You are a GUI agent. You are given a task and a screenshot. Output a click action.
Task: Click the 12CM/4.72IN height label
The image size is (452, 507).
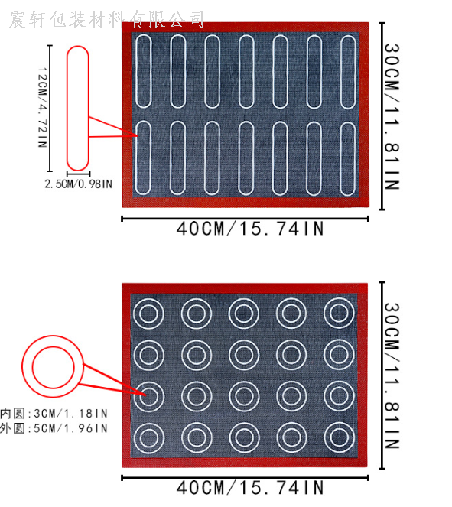(x=43, y=108)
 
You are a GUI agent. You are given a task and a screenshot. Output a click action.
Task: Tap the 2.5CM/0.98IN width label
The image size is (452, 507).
(x=79, y=184)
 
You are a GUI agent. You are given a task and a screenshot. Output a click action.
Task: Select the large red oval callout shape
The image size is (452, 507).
(x=67, y=109)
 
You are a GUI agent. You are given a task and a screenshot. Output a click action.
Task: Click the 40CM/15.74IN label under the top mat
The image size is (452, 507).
(x=250, y=229)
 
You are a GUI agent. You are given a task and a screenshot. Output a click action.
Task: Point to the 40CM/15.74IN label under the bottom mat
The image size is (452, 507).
(x=250, y=487)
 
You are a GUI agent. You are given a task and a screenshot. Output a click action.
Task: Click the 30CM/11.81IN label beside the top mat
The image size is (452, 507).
(x=392, y=116)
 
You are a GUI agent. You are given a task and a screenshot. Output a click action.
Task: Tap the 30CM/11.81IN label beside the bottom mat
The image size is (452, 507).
(x=392, y=375)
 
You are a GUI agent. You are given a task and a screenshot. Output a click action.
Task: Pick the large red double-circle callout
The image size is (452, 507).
(x=22, y=366)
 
